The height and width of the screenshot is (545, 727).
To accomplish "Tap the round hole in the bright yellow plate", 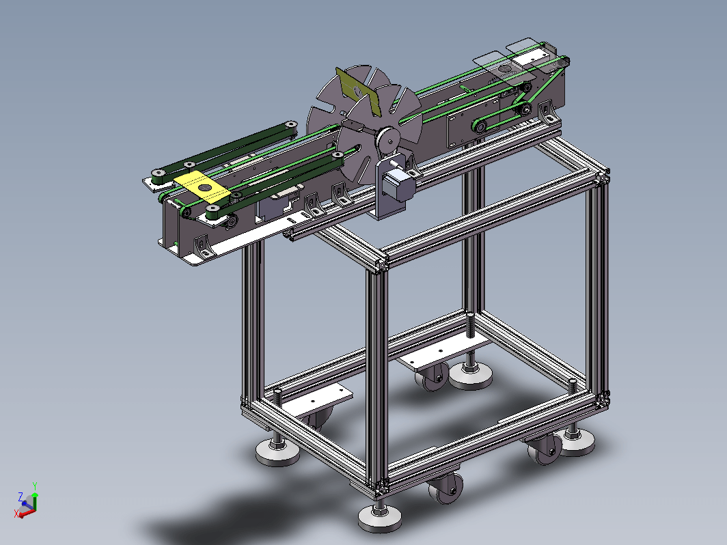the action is pyautogui.click(x=204, y=187).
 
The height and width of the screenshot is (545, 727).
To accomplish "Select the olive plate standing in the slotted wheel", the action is pyautogui.click(x=358, y=92).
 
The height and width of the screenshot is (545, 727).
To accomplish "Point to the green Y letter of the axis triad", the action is pyautogui.click(x=35, y=486).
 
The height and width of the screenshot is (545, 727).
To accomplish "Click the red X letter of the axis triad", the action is pyautogui.click(x=16, y=514).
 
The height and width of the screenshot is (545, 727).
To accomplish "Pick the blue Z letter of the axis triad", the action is pyautogui.click(x=20, y=497).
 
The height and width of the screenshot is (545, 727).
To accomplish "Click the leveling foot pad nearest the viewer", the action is pyautogui.click(x=380, y=518).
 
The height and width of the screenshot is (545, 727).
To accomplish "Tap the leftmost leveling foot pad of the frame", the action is pyautogui.click(x=277, y=452).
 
